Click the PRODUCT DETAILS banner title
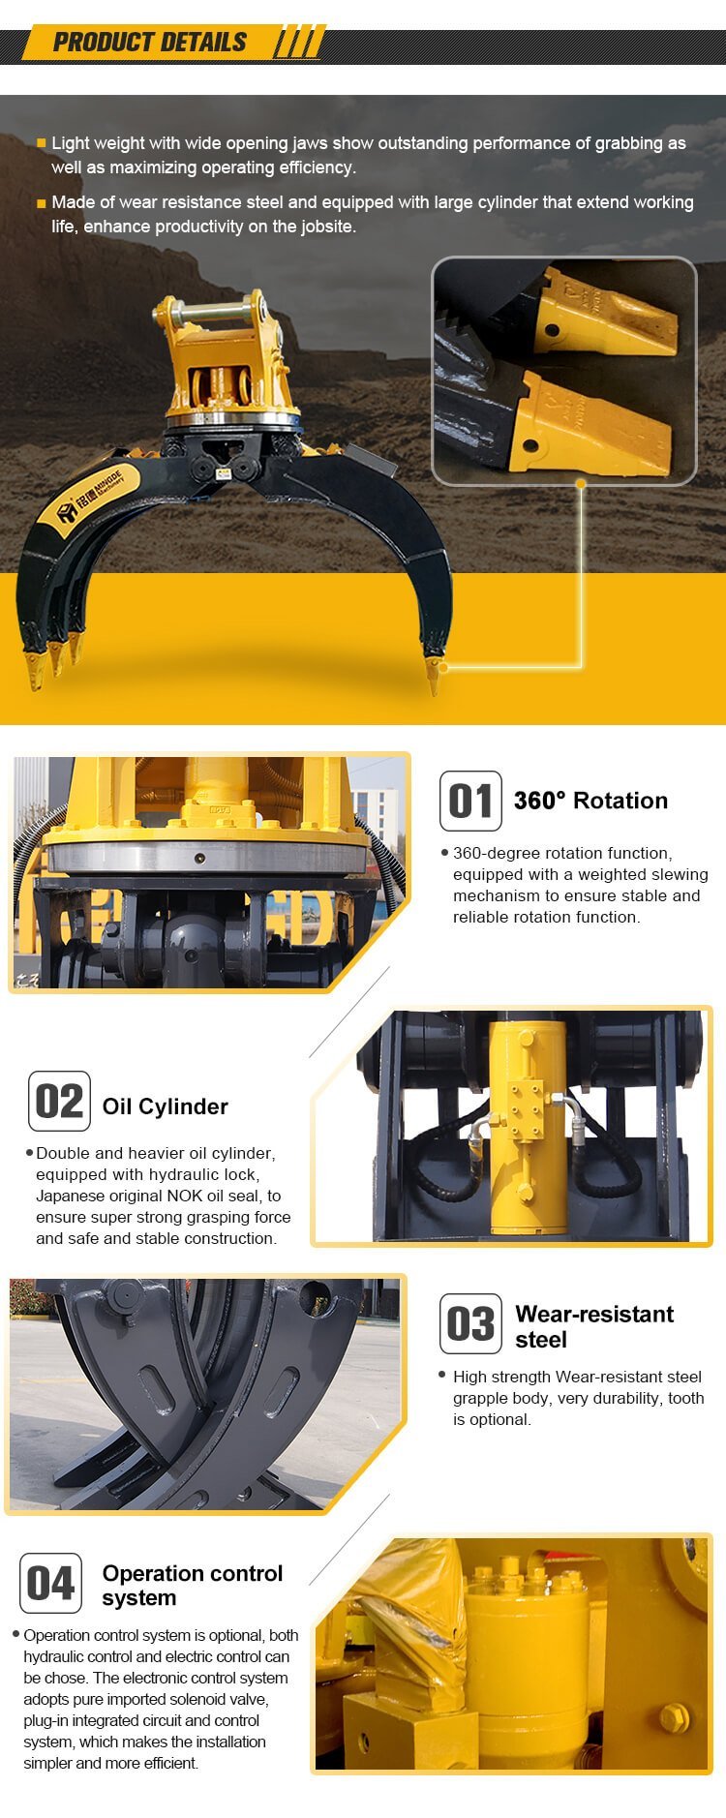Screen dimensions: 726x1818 pyautogui.click(x=150, y=43)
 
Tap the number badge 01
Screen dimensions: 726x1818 pyautogui.click(x=470, y=801)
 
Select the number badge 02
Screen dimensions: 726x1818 pyautogui.click(x=59, y=1101)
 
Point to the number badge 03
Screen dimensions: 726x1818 pyautogui.click(x=470, y=1323)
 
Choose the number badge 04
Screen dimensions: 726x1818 pyautogui.click(x=51, y=1583)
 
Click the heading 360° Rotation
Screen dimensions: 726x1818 pyautogui.click(x=590, y=801)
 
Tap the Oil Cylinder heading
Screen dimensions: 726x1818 pyautogui.click(x=166, y=1106)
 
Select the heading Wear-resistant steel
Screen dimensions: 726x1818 pyautogui.click(x=594, y=1326)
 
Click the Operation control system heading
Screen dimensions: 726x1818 pyautogui.click(x=193, y=1586)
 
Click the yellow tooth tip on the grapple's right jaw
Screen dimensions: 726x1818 pyautogui.click(x=433, y=673)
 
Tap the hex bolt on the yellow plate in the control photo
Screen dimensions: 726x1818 pyautogui.click(x=673, y=1718)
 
